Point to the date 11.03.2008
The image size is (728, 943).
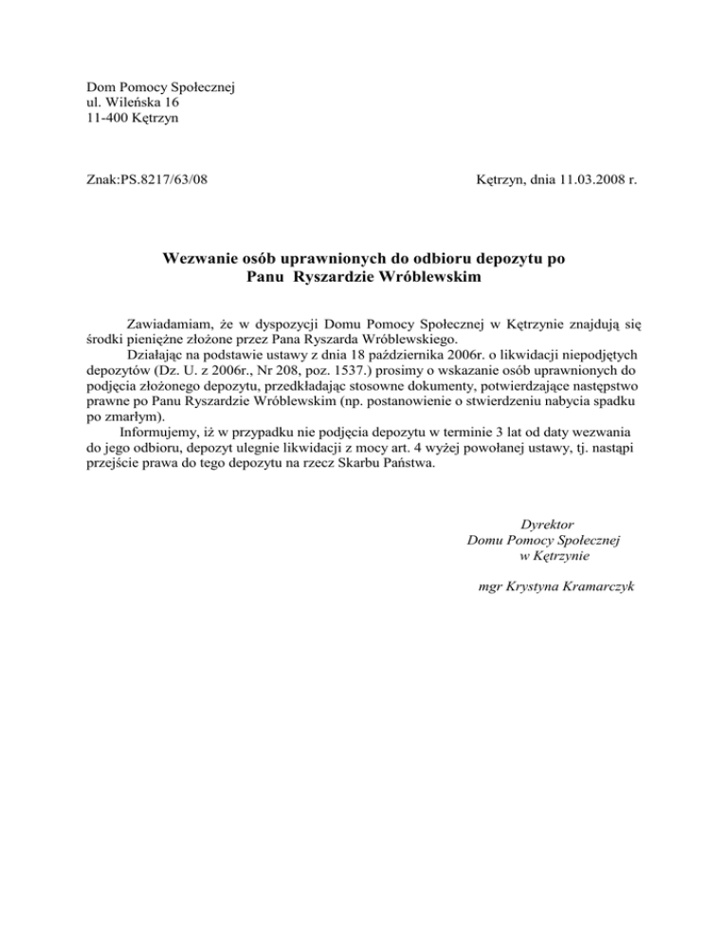coord(587,177)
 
